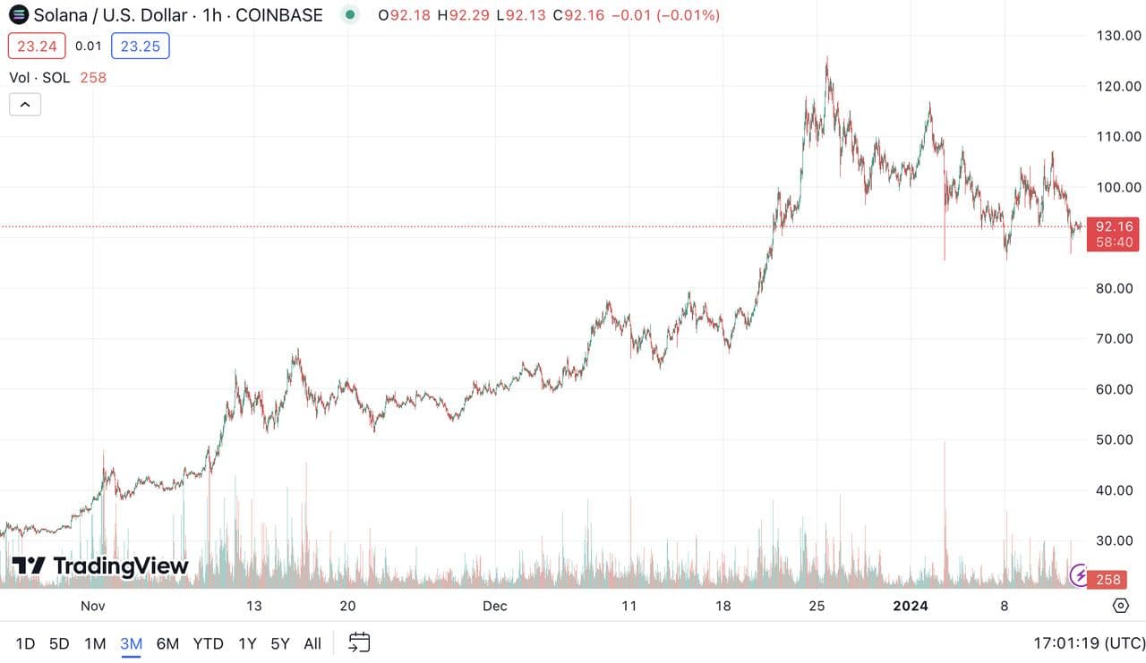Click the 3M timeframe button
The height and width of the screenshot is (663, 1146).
tap(132, 643)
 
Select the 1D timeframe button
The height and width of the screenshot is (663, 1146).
tap(25, 643)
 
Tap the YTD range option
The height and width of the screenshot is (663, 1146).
tap(209, 643)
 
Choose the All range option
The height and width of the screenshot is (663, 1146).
tap(312, 643)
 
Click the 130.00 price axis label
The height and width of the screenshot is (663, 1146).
tap(1119, 36)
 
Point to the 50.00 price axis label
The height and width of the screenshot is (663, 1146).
tap(1119, 439)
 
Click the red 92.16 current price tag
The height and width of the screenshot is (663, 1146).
tap(1113, 226)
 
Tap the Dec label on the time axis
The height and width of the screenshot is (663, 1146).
tap(494, 606)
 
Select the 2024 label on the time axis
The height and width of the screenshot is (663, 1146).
tap(911, 606)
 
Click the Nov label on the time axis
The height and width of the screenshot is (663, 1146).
tap(93, 606)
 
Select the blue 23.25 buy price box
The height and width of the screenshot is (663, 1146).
tap(141, 46)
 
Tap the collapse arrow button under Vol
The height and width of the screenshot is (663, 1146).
tap(25, 105)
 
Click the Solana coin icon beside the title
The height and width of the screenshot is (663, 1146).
tap(18, 15)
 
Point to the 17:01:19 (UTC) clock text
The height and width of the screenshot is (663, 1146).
tap(1089, 643)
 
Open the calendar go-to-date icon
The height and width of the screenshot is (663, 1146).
tap(359, 642)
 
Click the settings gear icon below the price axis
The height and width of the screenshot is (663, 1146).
tap(1120, 606)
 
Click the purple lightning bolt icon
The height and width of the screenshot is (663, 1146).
tap(1080, 574)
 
